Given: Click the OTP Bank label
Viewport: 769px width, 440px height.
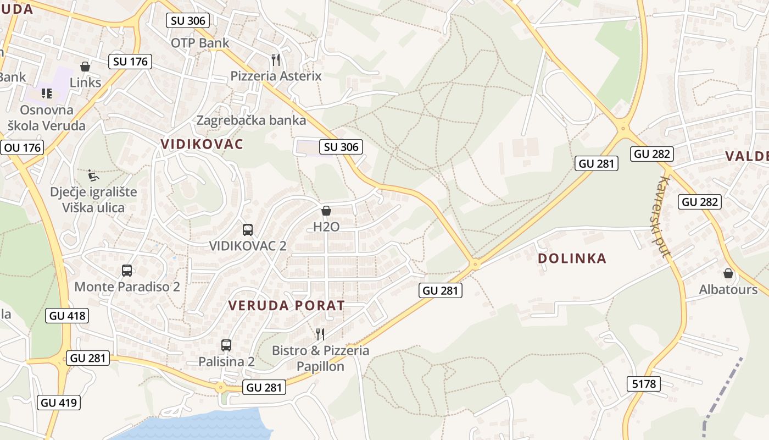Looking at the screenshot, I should [x=200, y=43].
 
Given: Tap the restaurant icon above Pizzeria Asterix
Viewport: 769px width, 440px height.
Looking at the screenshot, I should [x=276, y=59].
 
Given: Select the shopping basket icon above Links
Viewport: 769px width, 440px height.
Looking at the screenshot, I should [x=85, y=67].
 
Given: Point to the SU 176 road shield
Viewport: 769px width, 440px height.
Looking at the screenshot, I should [x=130, y=62].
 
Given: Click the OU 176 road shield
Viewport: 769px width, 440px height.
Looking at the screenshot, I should [x=23, y=147].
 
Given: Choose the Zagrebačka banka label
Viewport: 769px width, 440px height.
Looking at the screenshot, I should [x=251, y=120].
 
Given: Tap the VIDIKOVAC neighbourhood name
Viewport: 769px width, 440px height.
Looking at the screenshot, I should [x=202, y=144].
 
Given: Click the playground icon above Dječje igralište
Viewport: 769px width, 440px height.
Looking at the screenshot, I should [x=93, y=176].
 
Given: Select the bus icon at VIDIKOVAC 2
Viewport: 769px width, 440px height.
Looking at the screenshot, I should [x=248, y=230].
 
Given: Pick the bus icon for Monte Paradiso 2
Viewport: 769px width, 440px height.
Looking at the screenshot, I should [x=127, y=271].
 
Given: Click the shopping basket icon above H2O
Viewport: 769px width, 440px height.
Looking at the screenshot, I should [x=326, y=211].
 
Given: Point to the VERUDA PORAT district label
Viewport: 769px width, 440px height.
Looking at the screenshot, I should [x=286, y=305].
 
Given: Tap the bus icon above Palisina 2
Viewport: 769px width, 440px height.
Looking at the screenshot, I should [x=226, y=345].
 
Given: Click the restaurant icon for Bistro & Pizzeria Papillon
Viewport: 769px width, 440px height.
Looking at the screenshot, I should [x=320, y=334].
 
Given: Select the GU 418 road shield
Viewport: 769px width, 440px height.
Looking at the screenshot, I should [x=68, y=316].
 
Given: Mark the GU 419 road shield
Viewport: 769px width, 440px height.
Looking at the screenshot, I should [x=60, y=403].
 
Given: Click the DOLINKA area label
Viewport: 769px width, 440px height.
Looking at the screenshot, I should [x=572, y=258].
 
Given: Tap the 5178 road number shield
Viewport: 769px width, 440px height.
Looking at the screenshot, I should [x=644, y=384].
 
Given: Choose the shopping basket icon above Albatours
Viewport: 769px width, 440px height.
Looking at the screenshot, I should [x=728, y=273].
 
